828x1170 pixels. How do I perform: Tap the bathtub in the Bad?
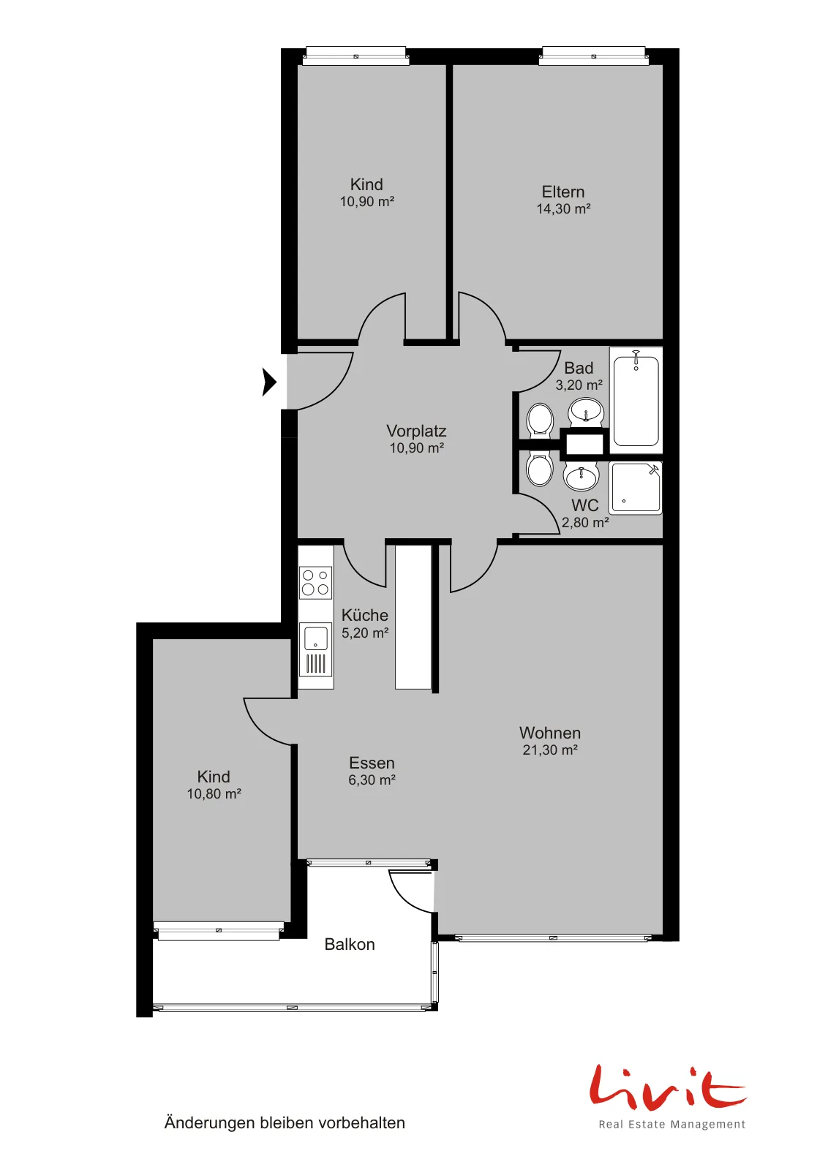point(636,399)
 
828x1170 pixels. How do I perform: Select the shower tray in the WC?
point(635,487)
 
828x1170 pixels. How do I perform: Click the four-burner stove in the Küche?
point(315,582)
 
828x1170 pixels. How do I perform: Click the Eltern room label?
point(562,192)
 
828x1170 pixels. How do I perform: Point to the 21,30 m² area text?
point(549,750)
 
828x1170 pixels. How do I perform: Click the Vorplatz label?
point(416,431)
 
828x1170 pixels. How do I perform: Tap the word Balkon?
point(350,944)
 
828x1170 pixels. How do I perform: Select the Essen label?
point(372,763)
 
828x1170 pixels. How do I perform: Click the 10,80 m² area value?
point(214,793)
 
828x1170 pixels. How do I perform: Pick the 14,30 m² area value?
point(563,208)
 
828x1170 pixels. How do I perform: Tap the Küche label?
point(365,615)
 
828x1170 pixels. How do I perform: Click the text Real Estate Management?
point(671,1124)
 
